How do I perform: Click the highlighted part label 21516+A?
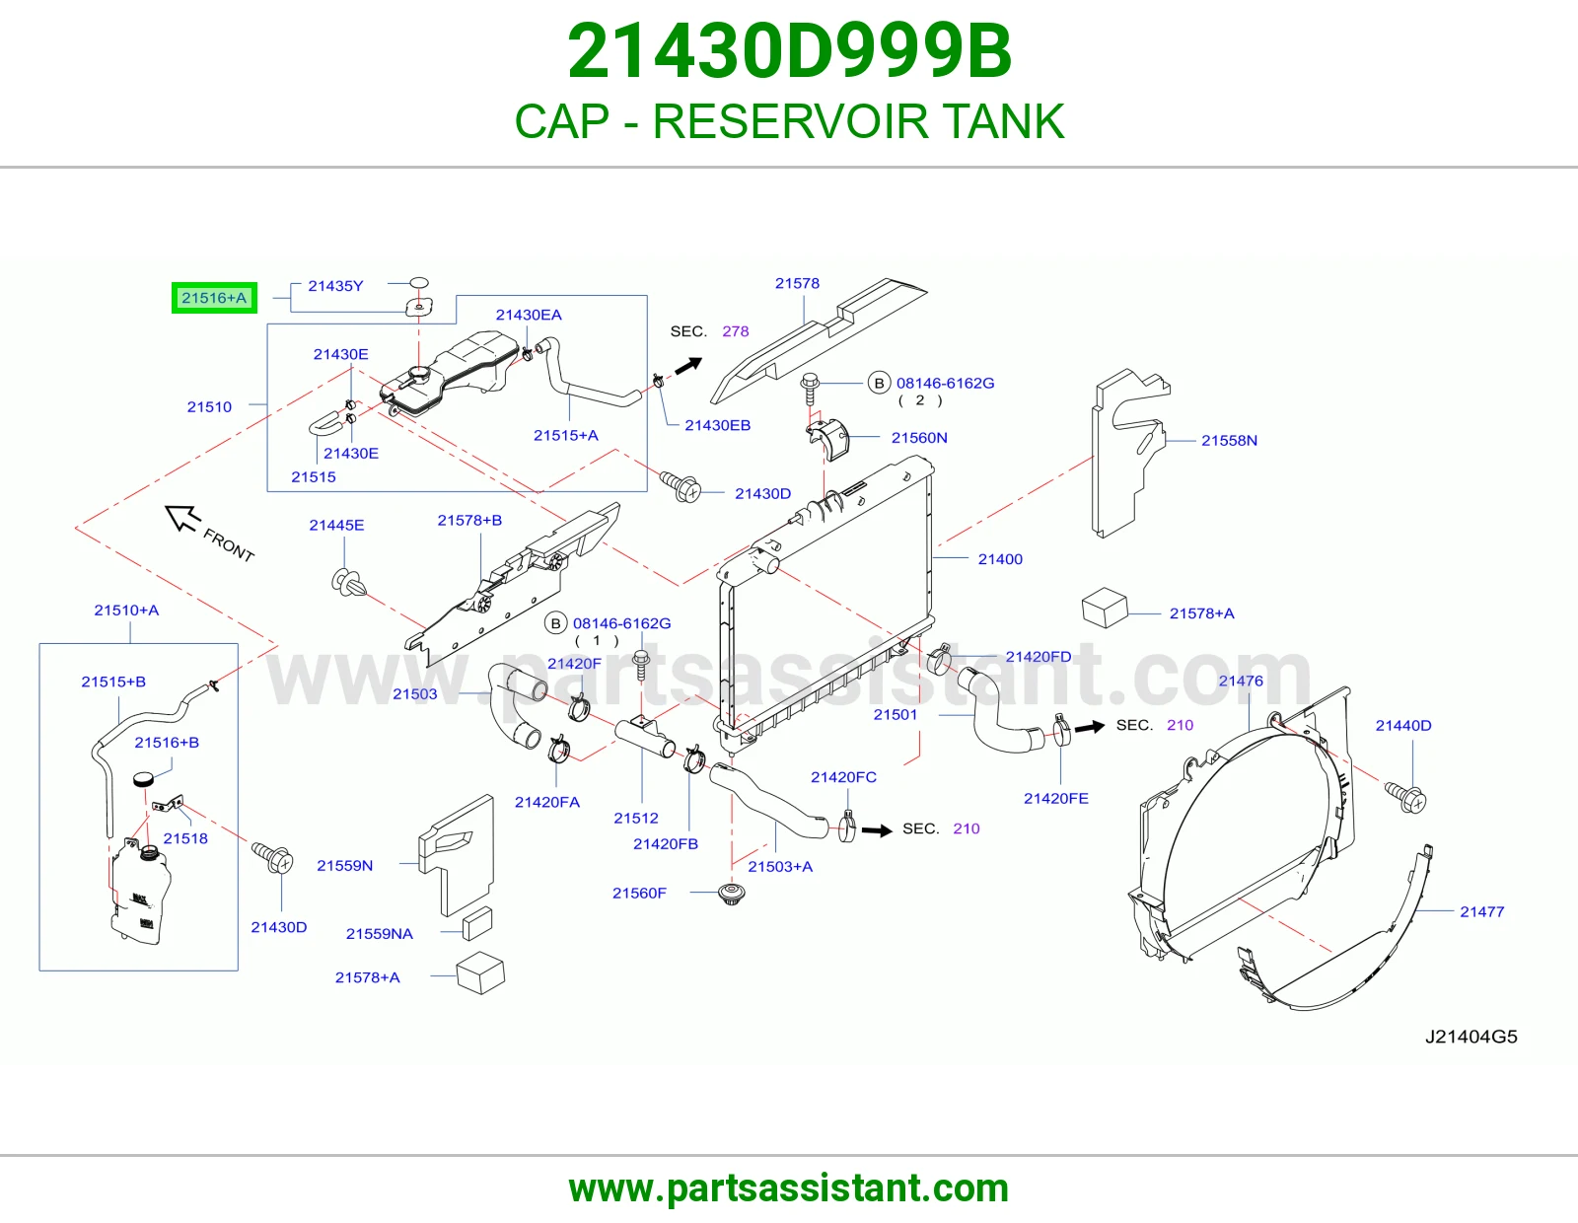[214, 298]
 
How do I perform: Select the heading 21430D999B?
[789, 51]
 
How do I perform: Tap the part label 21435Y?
[335, 286]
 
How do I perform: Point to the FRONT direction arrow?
[182, 518]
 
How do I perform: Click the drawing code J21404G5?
[1471, 1037]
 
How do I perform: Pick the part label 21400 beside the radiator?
[1000, 559]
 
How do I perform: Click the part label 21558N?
[1230, 440]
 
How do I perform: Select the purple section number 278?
[735, 331]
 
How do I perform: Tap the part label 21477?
[1482, 911]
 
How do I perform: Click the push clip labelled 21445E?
[348, 582]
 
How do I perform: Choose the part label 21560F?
[639, 893]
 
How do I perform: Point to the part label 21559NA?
[379, 933]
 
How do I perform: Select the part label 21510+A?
[126, 611]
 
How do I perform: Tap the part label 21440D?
[1403, 726]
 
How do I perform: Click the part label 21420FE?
[1056, 798]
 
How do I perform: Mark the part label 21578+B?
[469, 520]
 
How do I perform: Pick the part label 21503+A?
[780, 866]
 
